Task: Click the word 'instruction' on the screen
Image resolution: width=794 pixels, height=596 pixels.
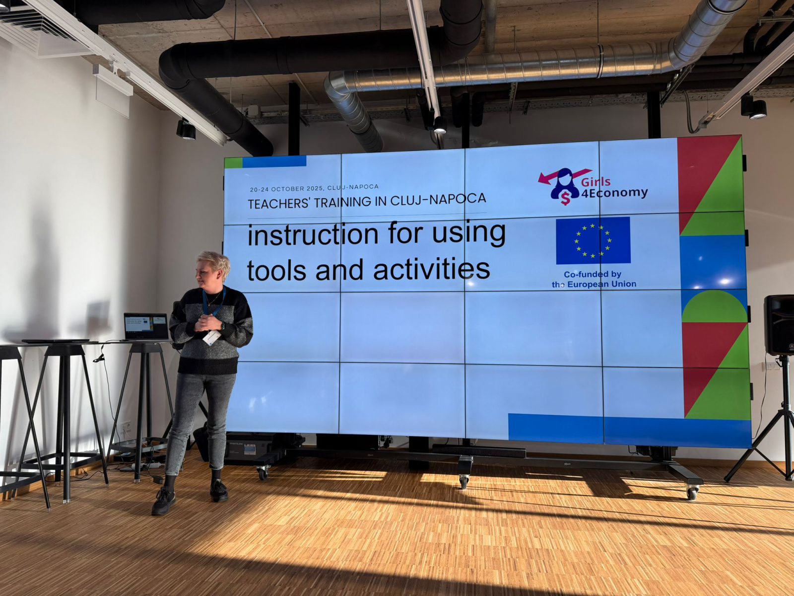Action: (x=313, y=235)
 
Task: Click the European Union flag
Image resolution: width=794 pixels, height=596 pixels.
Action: (x=593, y=240)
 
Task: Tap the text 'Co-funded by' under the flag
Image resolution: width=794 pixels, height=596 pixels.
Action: (x=593, y=274)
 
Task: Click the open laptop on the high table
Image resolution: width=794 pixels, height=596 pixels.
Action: (x=146, y=327)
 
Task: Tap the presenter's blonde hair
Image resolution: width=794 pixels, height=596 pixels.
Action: (x=215, y=262)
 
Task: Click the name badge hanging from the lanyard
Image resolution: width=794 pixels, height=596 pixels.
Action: (x=211, y=338)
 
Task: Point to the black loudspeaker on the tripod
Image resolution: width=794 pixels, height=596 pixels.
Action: (x=779, y=325)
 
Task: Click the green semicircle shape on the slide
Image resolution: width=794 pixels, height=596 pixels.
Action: (x=714, y=307)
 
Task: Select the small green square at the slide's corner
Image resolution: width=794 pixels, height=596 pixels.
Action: (x=233, y=163)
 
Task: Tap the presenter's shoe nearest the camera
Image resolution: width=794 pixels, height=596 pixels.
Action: (x=164, y=501)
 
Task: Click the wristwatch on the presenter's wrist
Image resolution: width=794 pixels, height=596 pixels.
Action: (x=223, y=326)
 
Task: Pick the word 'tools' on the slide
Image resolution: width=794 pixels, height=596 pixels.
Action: (x=277, y=270)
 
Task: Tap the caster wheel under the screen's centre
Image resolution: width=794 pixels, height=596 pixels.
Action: (x=463, y=481)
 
